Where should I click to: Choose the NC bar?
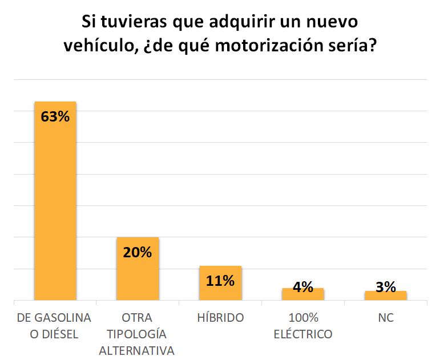pos(386,296)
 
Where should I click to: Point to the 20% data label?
pos(138,252)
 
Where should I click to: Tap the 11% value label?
pos(220,281)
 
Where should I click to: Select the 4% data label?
pos(303,287)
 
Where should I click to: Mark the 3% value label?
pos(386,287)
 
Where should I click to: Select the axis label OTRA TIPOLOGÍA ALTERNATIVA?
pos(137,334)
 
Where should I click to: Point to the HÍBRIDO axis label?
pos(220,318)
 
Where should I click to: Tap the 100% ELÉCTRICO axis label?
pos(303,325)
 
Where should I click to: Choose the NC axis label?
pos(386,318)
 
